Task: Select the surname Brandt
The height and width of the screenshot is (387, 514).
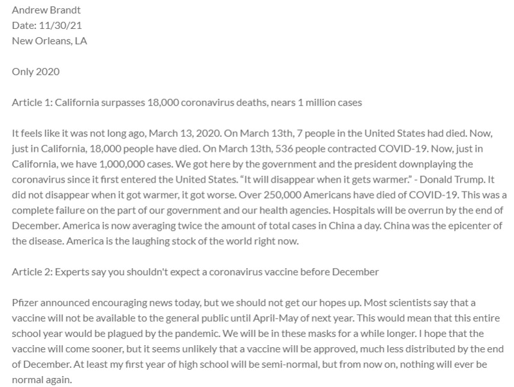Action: tap(67, 10)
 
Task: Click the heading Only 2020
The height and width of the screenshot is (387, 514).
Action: tap(36, 71)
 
